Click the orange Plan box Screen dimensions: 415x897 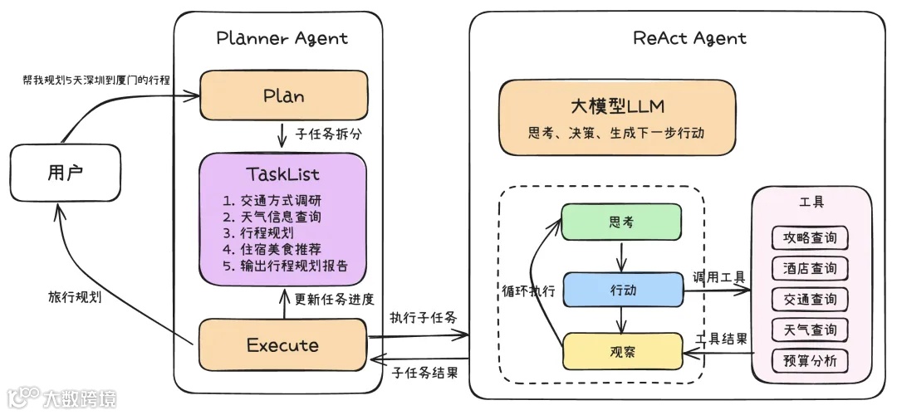[x=283, y=95]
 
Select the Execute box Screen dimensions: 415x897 [x=282, y=344]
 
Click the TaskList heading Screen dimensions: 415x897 [x=282, y=174]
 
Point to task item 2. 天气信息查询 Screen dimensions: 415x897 [x=272, y=217]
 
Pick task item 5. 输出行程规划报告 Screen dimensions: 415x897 [x=285, y=266]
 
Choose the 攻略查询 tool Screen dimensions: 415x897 [x=810, y=238]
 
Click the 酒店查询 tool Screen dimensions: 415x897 [x=810, y=269]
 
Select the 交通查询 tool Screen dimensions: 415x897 [x=810, y=299]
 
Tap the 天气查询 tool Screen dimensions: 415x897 [x=810, y=330]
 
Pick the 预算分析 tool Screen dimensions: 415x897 [x=810, y=360]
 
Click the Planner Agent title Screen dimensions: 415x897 [x=282, y=38]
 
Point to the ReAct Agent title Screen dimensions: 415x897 [x=689, y=38]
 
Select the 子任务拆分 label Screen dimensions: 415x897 [x=331, y=133]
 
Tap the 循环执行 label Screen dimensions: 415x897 [x=528, y=292]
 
